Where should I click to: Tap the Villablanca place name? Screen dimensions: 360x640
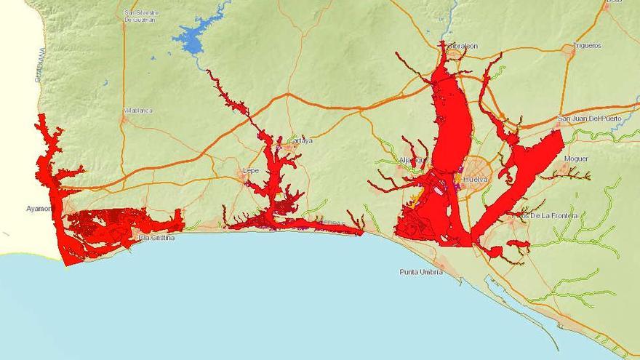(138, 111)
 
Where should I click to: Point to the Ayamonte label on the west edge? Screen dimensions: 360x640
(39, 208)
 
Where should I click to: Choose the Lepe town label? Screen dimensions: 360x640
(250, 171)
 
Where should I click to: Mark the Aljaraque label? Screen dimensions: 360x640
(414, 160)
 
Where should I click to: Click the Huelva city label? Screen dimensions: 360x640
(476, 178)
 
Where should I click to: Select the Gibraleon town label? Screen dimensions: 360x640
(461, 46)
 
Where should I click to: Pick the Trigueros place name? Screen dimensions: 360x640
(587, 45)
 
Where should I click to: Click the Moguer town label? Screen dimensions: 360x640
(575, 158)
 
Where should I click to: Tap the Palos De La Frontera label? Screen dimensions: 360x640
(544, 215)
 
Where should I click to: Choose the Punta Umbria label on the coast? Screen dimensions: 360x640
(421, 272)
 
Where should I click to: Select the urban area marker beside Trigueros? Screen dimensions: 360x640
(568, 49)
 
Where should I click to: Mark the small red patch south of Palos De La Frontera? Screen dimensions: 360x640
(519, 243)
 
